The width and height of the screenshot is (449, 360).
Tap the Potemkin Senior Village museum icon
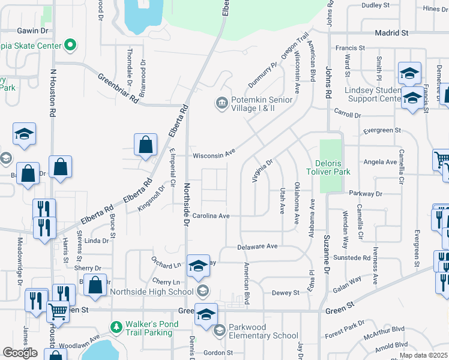click(x=221, y=104)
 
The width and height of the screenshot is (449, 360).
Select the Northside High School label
click(x=152, y=292)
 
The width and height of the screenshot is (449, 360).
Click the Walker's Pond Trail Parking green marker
click(x=116, y=327)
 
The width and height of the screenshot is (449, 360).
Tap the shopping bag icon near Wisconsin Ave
click(x=146, y=145)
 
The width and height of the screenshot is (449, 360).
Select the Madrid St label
click(x=391, y=33)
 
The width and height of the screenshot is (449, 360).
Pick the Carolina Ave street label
click(x=211, y=215)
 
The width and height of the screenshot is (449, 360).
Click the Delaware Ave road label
click(x=258, y=246)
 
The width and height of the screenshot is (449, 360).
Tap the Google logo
click(x=20, y=353)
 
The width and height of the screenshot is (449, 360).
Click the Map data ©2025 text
click(x=423, y=355)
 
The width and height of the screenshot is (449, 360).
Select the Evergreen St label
click(x=382, y=130)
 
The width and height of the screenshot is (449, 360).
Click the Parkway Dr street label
click(x=365, y=194)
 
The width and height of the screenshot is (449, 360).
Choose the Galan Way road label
click(x=347, y=283)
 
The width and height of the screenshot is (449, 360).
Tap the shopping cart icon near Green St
click(x=58, y=311)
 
